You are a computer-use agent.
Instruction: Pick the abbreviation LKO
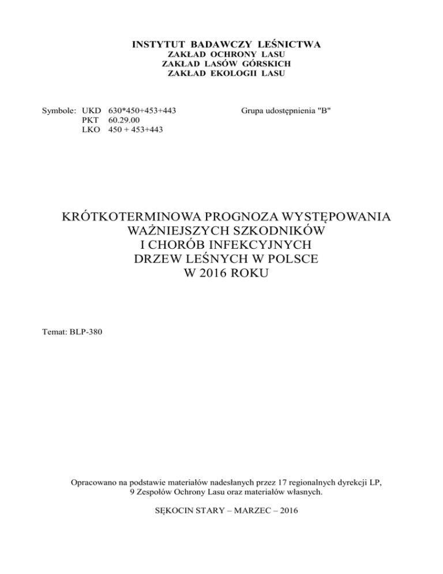(93, 130)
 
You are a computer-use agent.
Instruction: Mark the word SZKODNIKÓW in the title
(265, 232)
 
